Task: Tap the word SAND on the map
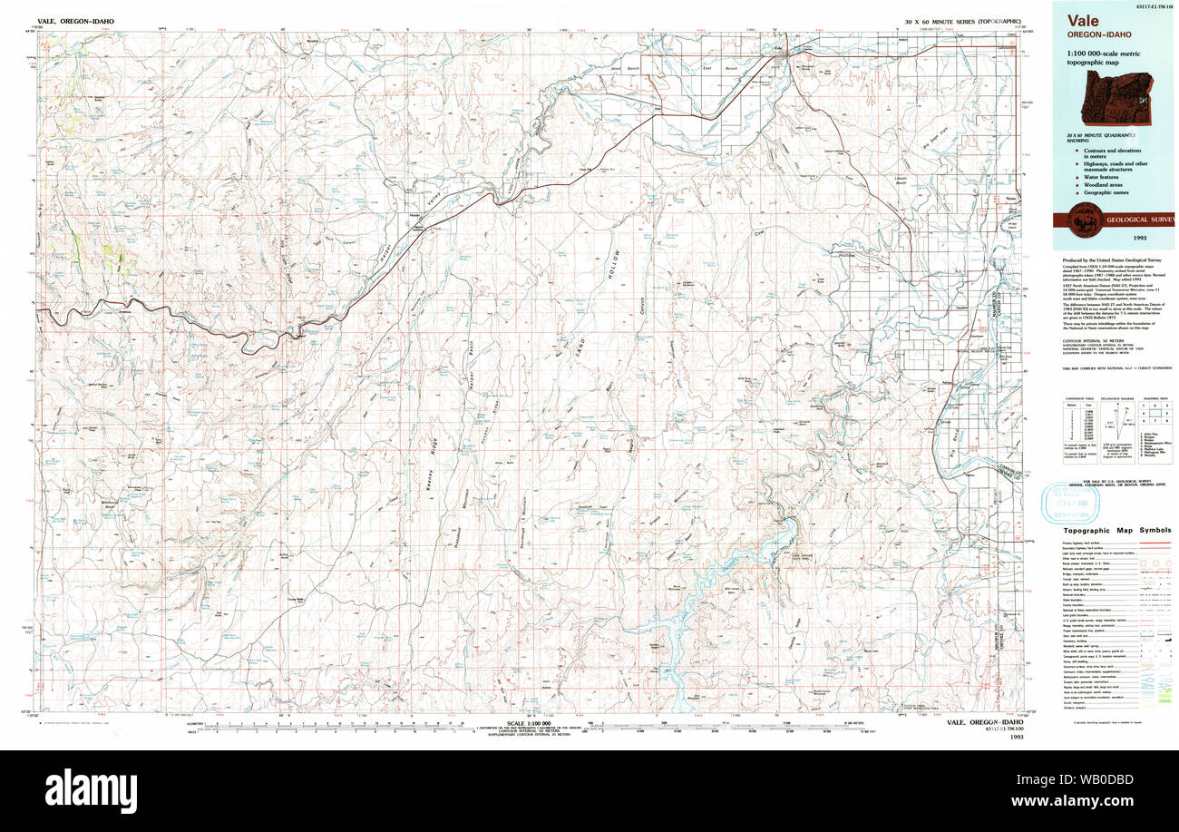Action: [x=580, y=352]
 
